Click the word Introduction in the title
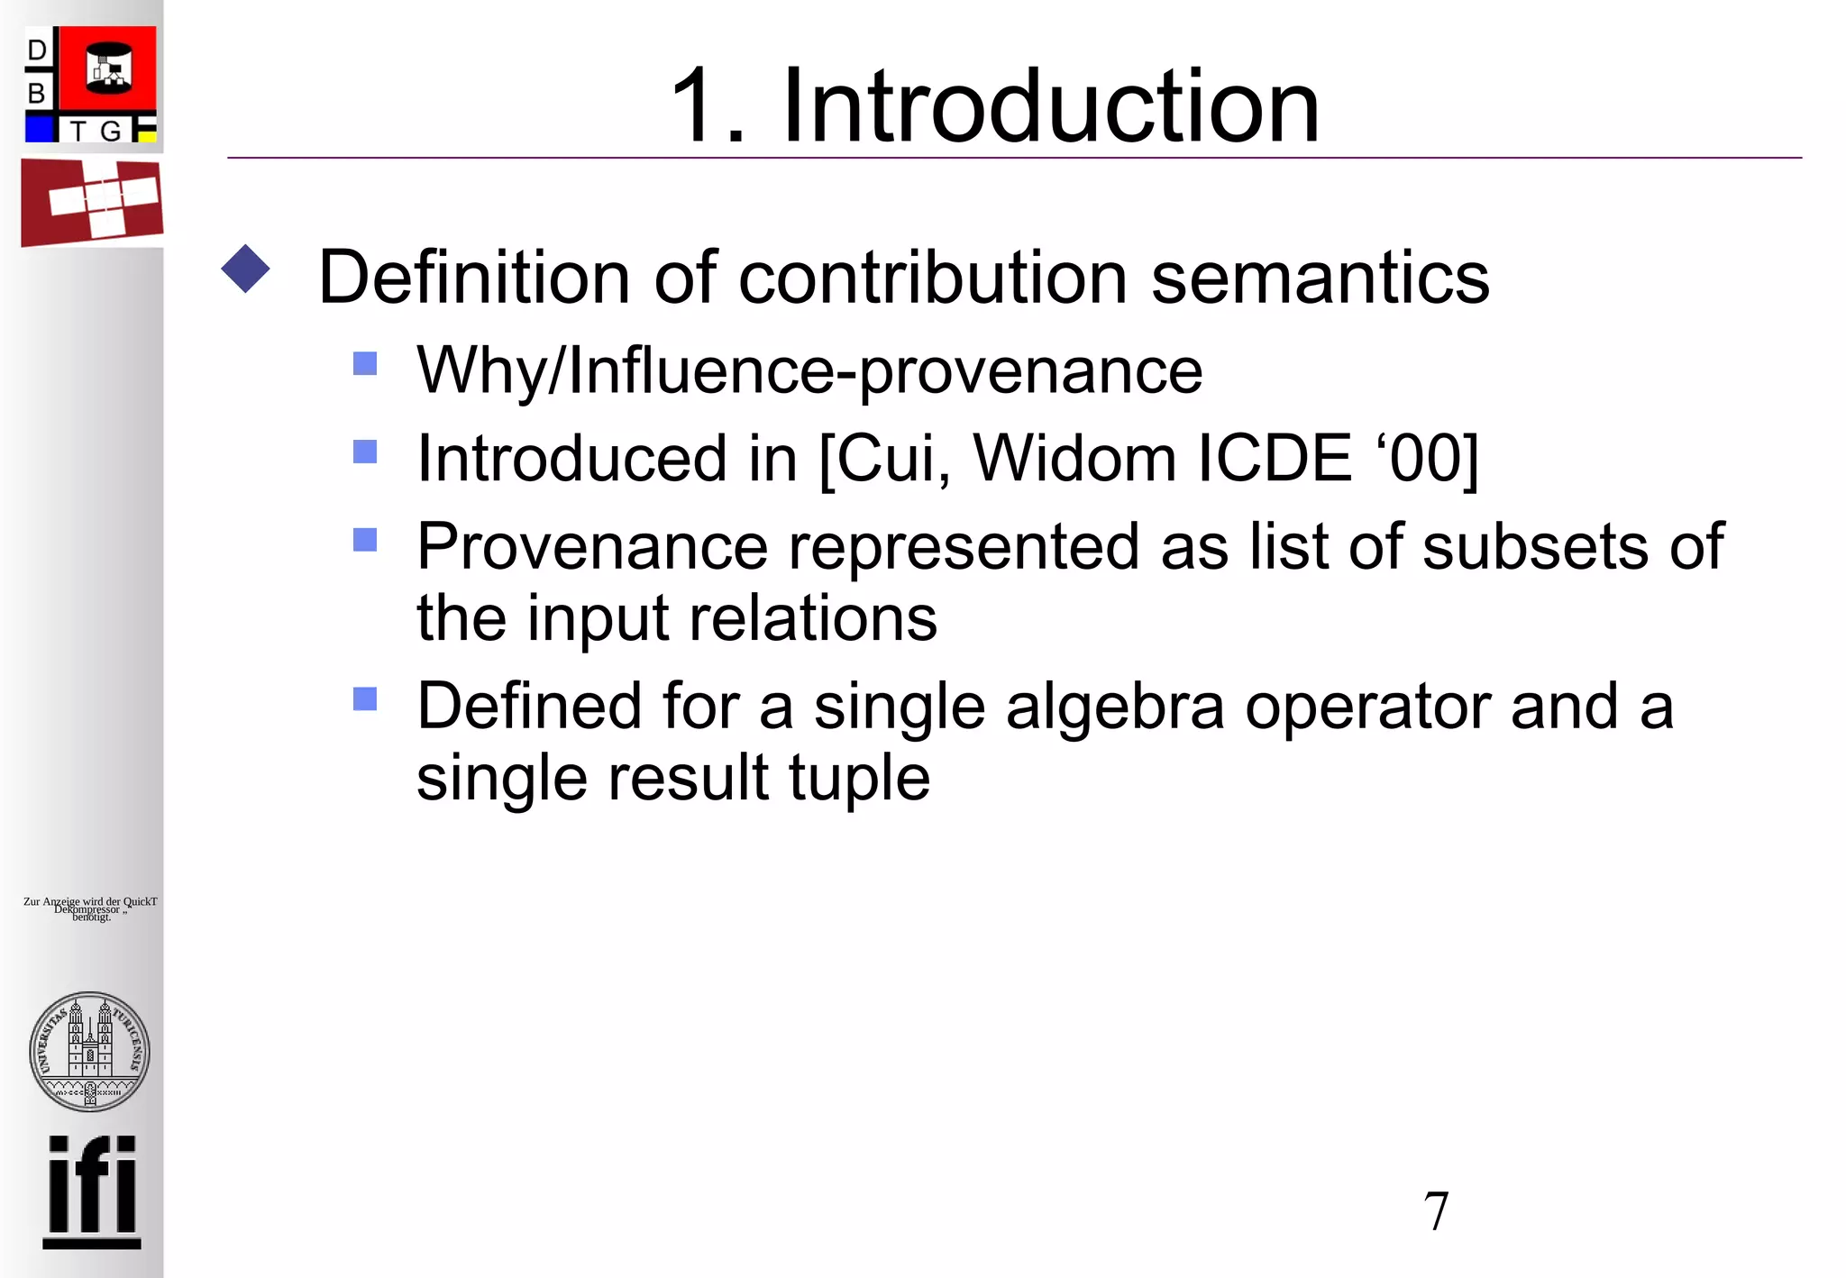(1050, 106)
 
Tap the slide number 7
(1436, 1210)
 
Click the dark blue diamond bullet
(245, 269)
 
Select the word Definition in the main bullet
(473, 278)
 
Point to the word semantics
(1321, 278)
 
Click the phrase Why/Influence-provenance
(809, 370)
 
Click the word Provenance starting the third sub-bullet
(591, 546)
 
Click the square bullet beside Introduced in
(365, 451)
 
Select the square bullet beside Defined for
(365, 698)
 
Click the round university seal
(89, 1052)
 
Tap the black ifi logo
(92, 1191)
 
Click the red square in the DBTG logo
(108, 69)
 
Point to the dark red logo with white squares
(92, 202)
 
